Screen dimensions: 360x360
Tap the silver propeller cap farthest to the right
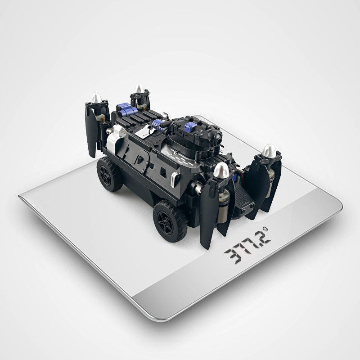(x=270, y=151)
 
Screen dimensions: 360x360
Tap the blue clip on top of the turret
(x=190, y=127)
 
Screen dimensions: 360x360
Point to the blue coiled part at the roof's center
(x=157, y=125)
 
